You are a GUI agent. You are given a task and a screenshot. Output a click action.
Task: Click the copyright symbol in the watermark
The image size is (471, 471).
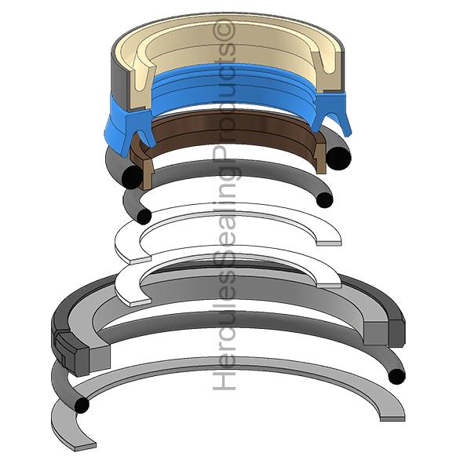click(224, 29)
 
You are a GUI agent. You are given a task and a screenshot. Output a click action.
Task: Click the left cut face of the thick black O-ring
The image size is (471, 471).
click(132, 177)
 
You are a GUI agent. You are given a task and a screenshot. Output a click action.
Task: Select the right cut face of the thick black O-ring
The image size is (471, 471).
click(338, 158)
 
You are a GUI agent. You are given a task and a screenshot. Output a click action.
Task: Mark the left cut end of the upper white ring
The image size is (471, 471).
click(140, 260)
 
